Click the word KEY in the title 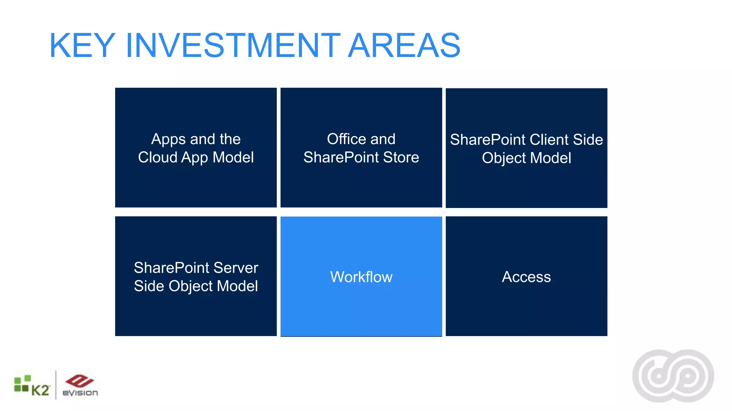coord(82,46)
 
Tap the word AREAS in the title coord(404,46)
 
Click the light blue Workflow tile coord(361,277)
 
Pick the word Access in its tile coord(526,277)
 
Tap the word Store coord(401,157)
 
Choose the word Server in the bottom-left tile coord(236,268)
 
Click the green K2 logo coord(31,386)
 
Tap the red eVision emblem coord(79,381)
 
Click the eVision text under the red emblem coord(80,393)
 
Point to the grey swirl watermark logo coord(673,376)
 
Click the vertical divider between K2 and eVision coord(56,385)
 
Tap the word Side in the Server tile coord(149,286)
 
